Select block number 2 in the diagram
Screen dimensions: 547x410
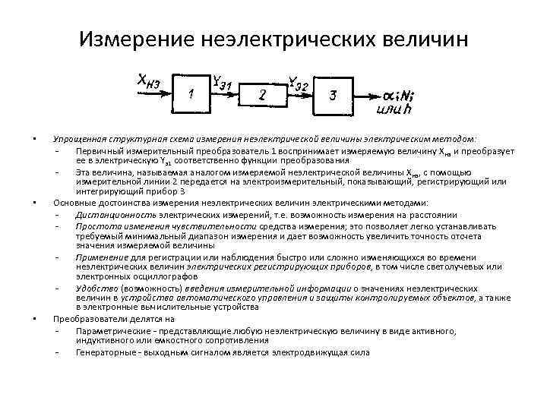click(x=263, y=95)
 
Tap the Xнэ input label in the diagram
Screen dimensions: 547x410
click(x=147, y=80)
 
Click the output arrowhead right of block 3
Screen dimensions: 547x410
click(x=374, y=96)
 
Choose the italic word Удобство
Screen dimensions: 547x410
click(x=93, y=289)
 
